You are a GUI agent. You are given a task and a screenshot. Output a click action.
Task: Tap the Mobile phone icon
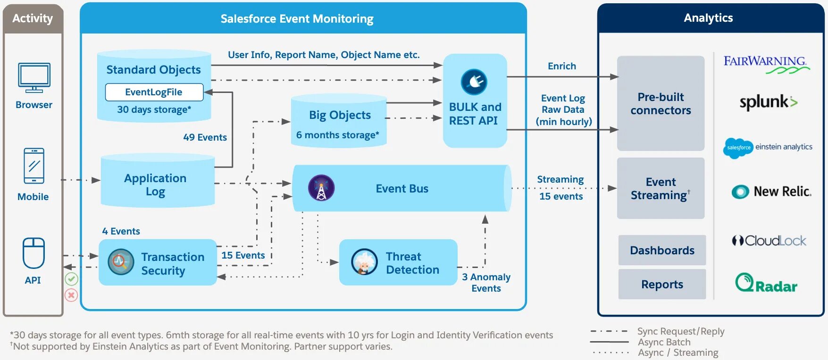click(x=34, y=166)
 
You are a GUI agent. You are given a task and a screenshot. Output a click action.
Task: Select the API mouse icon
click(x=33, y=253)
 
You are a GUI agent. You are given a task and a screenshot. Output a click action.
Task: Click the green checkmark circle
click(x=71, y=279)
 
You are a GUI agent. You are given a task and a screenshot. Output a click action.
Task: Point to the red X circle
click(x=71, y=295)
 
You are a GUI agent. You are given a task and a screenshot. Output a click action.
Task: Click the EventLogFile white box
click(x=154, y=92)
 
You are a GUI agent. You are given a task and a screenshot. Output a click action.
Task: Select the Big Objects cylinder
click(x=339, y=121)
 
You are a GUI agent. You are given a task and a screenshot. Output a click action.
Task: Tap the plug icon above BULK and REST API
click(x=474, y=82)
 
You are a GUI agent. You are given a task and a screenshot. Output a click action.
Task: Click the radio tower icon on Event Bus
click(x=321, y=188)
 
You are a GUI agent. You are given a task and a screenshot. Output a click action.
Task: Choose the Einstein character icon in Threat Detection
click(x=364, y=262)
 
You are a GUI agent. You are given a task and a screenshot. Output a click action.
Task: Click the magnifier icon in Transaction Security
click(x=121, y=262)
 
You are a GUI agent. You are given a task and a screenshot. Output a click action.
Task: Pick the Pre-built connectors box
click(x=661, y=103)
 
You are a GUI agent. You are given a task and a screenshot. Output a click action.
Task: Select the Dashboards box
click(x=662, y=250)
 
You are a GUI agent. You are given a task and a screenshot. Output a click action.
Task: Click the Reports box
click(x=662, y=284)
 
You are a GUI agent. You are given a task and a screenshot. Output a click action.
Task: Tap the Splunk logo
click(x=768, y=102)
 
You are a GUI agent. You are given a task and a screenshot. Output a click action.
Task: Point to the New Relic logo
click(x=771, y=192)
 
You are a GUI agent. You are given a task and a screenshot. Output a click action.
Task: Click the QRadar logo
click(x=766, y=283)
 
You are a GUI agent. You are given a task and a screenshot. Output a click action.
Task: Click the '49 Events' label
click(x=205, y=137)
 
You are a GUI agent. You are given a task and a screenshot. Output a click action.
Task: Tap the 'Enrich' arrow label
click(x=561, y=66)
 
